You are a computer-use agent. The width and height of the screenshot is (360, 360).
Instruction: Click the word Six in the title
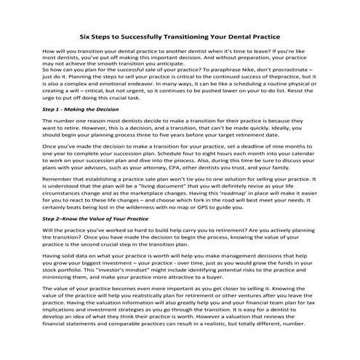pos(85,34)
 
